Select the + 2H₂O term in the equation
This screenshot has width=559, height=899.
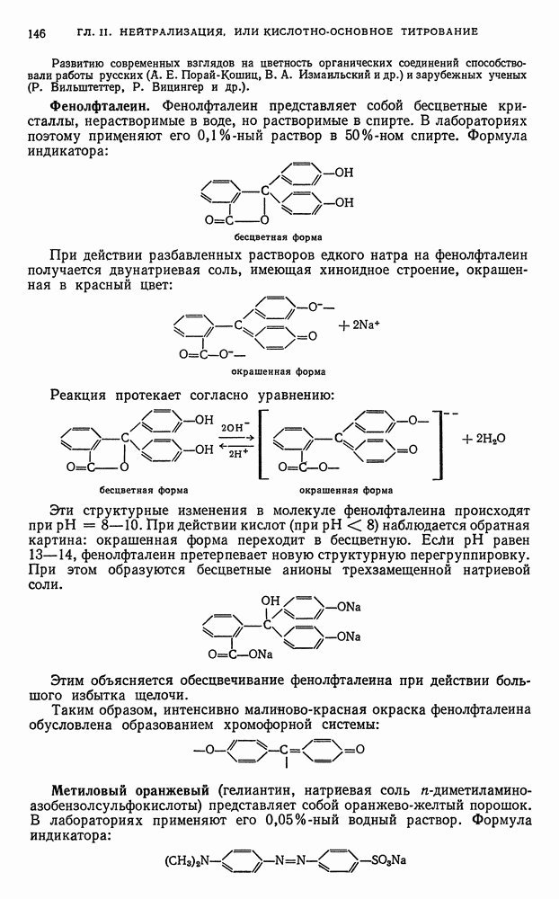click(x=484, y=439)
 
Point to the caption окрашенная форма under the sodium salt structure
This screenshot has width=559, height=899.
click(x=278, y=370)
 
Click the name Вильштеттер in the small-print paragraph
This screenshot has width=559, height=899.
click(x=78, y=88)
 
